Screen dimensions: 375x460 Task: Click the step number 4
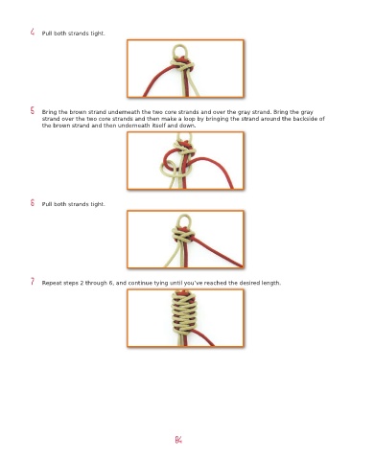click(33, 32)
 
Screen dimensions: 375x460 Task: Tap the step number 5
click(33, 110)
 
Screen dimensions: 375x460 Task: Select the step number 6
click(33, 202)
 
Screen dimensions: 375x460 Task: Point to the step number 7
click(33, 282)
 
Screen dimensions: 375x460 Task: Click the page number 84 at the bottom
click(178, 440)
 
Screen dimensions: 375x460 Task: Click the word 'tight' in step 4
click(97, 34)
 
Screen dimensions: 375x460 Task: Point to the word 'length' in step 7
click(271, 283)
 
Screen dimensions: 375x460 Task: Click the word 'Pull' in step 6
click(47, 204)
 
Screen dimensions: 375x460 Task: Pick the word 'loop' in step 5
click(189, 119)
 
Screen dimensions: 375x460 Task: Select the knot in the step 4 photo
click(182, 64)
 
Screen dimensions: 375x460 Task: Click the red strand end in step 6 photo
click(241, 265)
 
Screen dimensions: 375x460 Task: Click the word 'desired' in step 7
click(249, 283)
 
